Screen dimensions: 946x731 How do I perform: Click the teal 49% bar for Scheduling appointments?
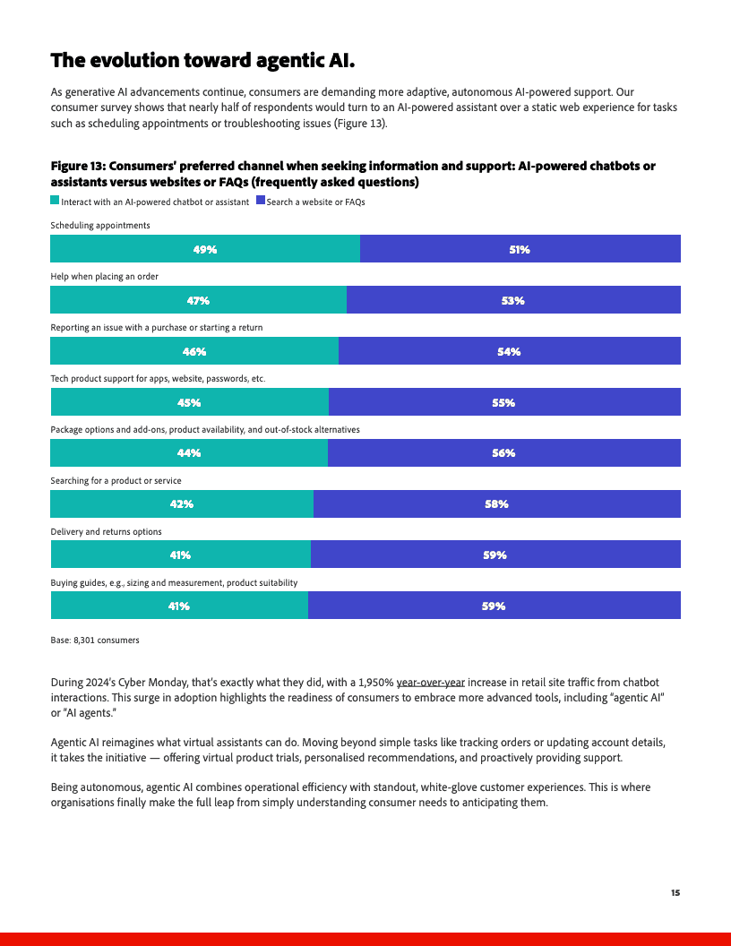[x=205, y=249]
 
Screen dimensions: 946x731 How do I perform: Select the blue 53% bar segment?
[x=513, y=300]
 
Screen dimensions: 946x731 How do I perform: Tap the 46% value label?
[x=194, y=351]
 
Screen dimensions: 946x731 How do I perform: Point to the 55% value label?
[x=503, y=402]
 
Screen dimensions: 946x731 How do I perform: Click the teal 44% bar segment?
[x=189, y=453]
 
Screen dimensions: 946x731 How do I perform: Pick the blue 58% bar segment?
[x=496, y=504]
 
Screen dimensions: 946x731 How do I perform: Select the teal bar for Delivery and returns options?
[x=180, y=555]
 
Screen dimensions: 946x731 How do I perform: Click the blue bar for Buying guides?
[x=494, y=606]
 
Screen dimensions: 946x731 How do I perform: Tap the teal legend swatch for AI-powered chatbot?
[x=55, y=202]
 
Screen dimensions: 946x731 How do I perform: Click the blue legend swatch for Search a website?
[x=261, y=202]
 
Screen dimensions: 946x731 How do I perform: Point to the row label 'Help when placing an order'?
[x=104, y=277]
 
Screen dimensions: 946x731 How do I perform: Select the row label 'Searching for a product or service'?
[x=116, y=481]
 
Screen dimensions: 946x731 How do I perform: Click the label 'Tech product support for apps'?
[x=158, y=379]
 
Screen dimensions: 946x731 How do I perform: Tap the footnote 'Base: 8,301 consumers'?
[x=95, y=641]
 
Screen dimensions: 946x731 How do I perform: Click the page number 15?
[x=675, y=892]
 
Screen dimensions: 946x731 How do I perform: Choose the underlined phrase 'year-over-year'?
[x=431, y=683]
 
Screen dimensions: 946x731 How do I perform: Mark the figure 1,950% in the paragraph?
[x=374, y=683]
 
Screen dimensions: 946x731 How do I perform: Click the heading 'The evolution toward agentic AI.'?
[x=202, y=60]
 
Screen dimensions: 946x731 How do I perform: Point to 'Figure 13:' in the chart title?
[x=81, y=167]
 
